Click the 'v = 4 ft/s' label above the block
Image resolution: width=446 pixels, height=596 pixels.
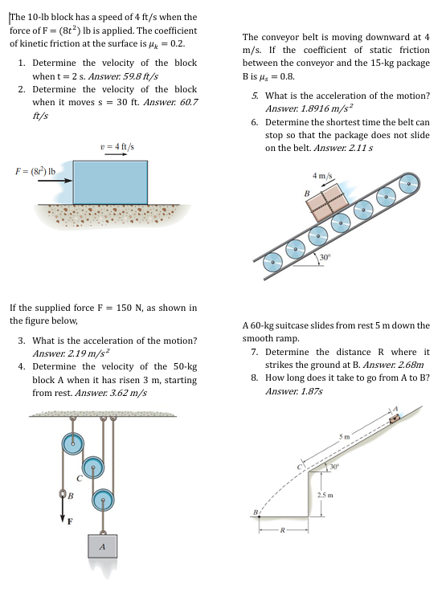[x=117, y=147]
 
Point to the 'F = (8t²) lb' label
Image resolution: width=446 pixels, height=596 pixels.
[x=35, y=171]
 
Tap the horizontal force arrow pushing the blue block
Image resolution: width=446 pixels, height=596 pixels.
[x=55, y=181]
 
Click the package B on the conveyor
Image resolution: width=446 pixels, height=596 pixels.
[x=327, y=202]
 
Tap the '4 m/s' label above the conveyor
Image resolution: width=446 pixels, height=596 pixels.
[x=322, y=176]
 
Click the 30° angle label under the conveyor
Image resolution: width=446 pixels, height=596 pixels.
[x=325, y=257]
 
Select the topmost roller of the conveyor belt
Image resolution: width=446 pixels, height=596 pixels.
[x=408, y=183]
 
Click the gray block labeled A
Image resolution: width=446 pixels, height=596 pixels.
[x=102, y=546]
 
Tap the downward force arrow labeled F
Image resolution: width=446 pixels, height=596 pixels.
[x=63, y=510]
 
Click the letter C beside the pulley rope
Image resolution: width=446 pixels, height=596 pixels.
[x=80, y=479]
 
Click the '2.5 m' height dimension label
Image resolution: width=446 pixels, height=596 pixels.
[x=325, y=495]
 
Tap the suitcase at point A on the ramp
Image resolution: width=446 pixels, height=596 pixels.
[x=395, y=418]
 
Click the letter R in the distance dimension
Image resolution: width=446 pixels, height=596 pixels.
[x=283, y=530]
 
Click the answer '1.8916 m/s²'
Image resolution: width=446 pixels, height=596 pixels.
[x=326, y=108]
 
